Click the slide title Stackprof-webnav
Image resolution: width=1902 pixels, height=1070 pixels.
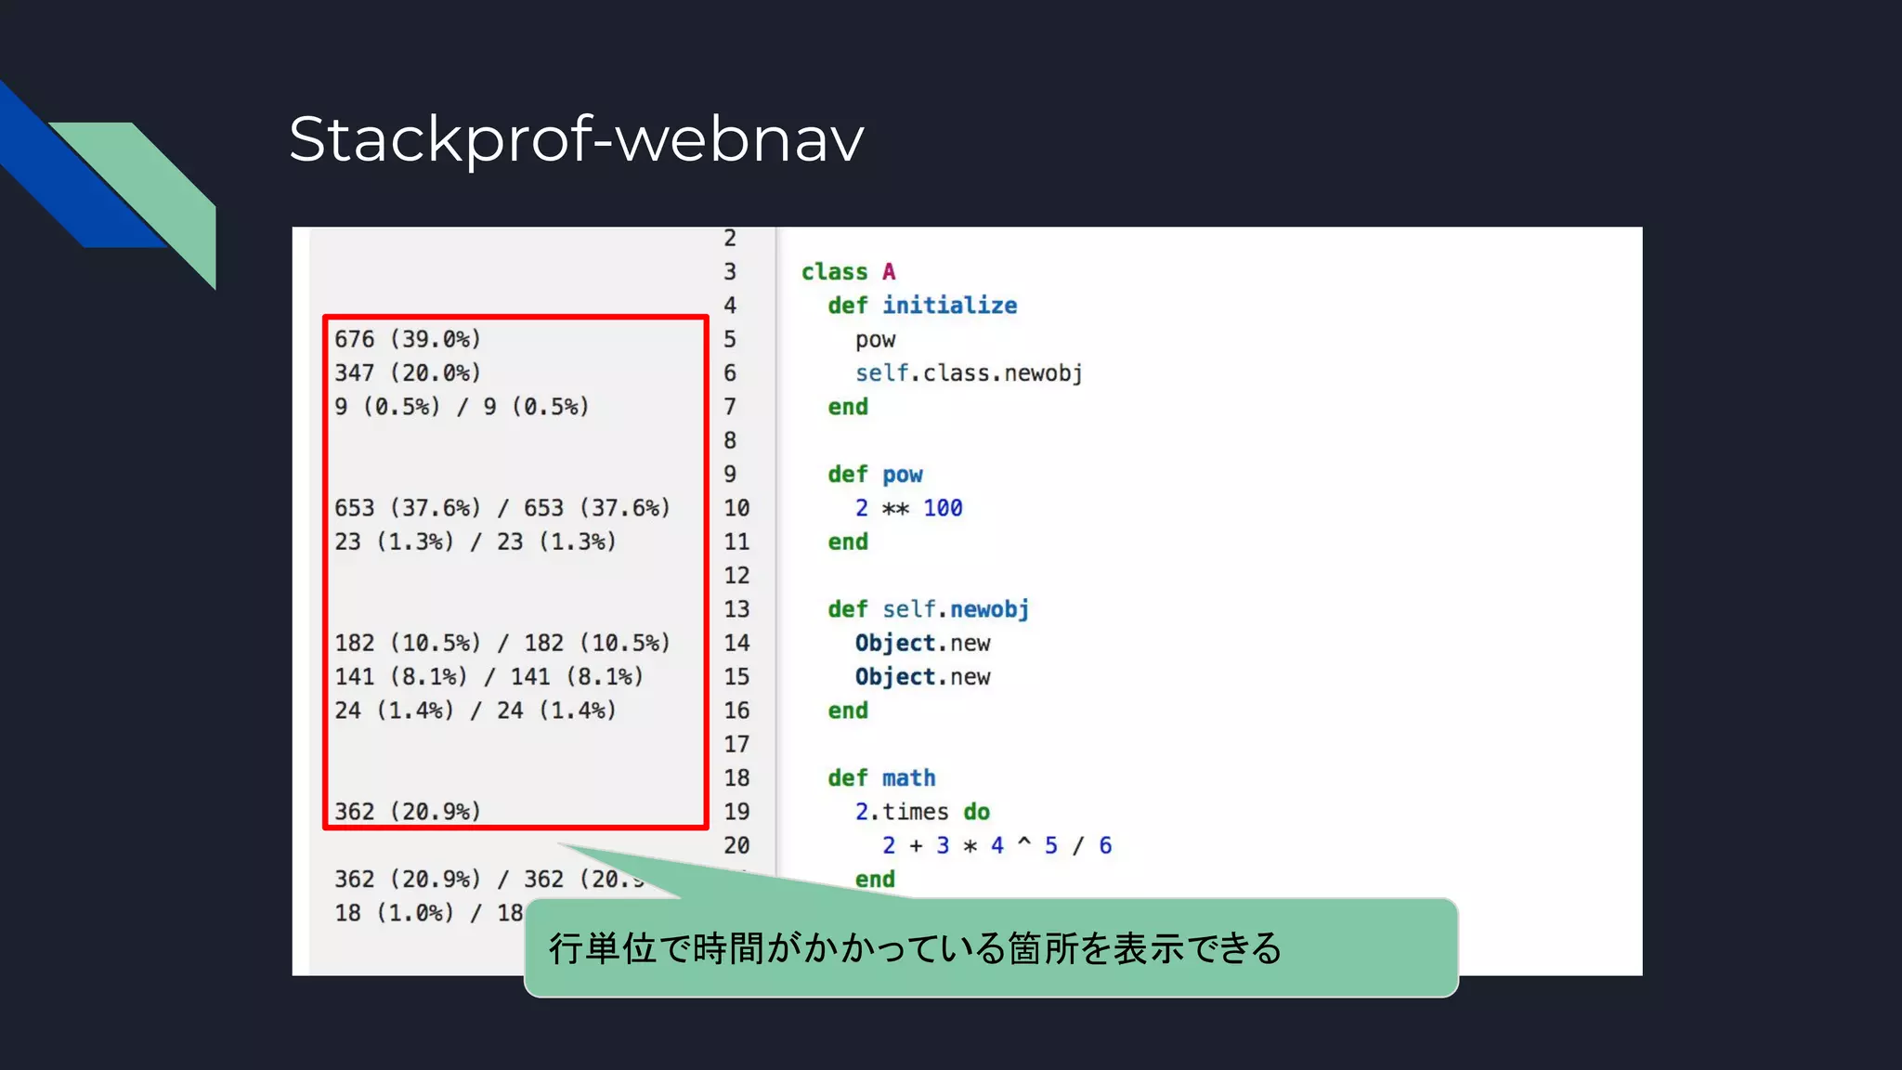tap(576, 139)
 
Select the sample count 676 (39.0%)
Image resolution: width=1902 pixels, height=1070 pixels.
tap(408, 339)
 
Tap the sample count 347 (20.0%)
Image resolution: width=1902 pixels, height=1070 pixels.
tap(408, 372)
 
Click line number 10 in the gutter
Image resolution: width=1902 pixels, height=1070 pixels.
tap(736, 508)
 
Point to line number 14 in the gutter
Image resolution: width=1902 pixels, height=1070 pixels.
tap(736, 643)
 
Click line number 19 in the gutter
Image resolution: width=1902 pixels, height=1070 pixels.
tap(736, 812)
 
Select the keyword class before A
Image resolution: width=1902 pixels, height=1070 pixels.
tap(834, 272)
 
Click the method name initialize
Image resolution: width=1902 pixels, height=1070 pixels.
tap(949, 306)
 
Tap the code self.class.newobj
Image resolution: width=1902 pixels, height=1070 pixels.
tap(969, 373)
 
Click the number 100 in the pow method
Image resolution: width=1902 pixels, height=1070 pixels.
tap(943, 508)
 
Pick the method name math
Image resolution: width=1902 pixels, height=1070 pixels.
tap(908, 778)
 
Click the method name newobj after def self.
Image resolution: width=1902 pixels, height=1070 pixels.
tap(989, 609)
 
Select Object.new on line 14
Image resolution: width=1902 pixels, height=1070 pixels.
tap(922, 643)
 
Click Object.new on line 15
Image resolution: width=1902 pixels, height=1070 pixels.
tap(922, 677)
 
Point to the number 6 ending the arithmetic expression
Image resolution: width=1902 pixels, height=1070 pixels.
tap(1105, 845)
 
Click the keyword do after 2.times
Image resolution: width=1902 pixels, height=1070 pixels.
tap(976, 812)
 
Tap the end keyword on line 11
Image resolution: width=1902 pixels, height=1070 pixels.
tap(848, 542)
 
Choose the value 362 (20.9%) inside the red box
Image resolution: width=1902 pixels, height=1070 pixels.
tap(408, 812)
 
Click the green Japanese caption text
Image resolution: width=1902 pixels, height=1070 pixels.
tap(915, 948)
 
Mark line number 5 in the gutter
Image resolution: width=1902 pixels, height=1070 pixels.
tap(730, 339)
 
